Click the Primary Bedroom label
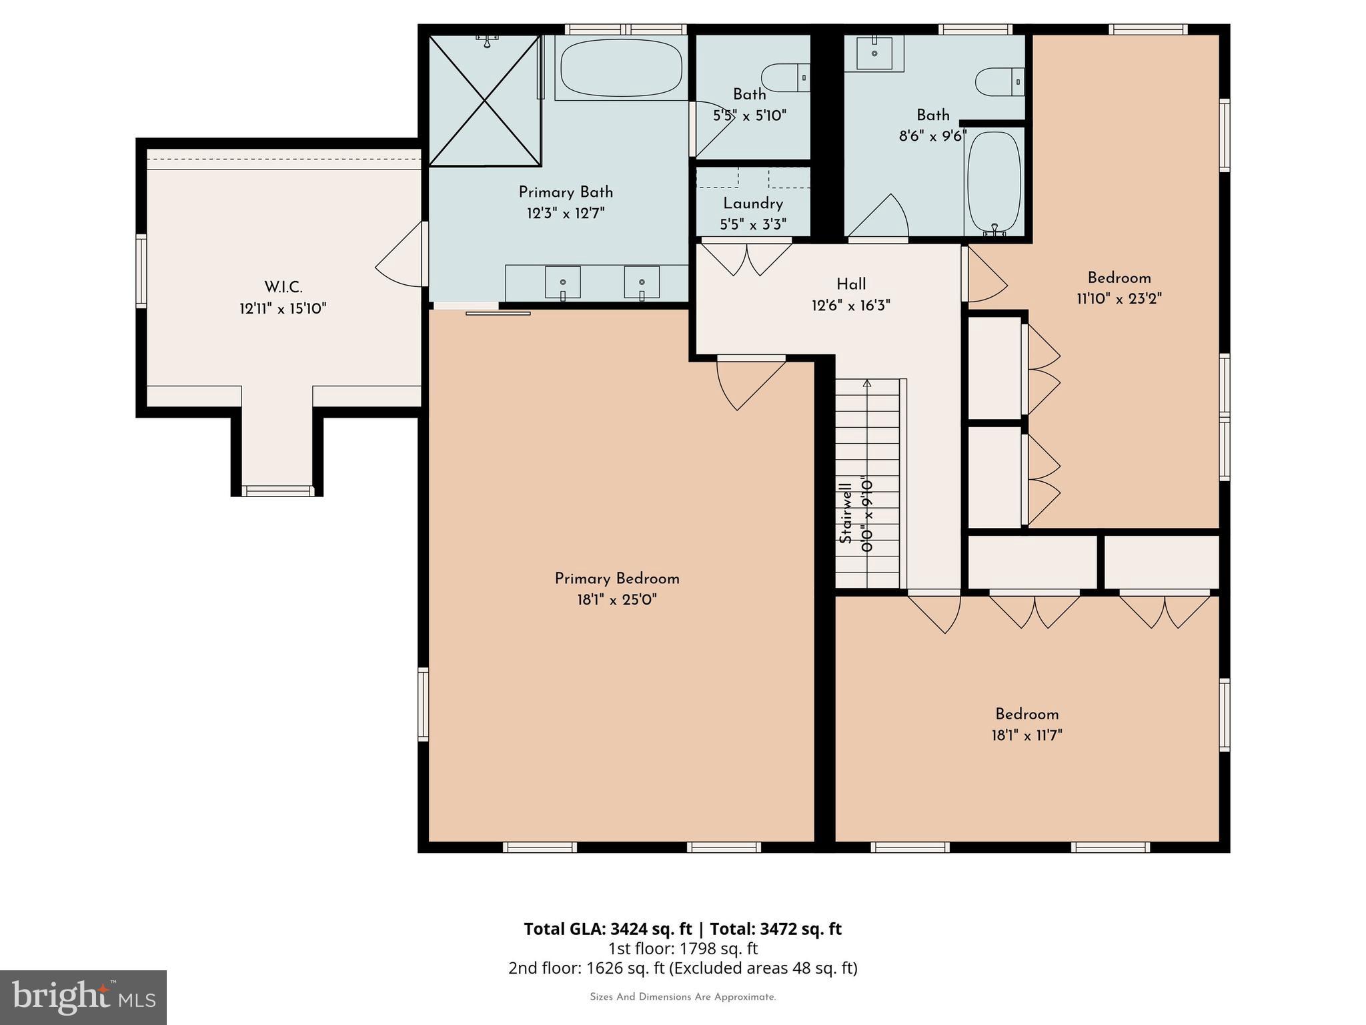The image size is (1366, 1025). [x=616, y=579]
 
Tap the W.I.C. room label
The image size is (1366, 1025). [x=283, y=288]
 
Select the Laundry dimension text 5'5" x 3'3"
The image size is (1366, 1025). [x=753, y=225]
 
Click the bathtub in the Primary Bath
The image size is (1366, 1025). [x=621, y=68]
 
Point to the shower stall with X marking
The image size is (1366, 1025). [x=484, y=100]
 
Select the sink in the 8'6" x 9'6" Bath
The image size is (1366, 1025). [x=874, y=53]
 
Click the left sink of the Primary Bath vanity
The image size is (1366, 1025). [x=562, y=282]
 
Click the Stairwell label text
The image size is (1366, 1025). [x=846, y=512]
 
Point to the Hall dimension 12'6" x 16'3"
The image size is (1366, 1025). [x=850, y=306]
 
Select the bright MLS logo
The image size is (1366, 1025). [x=83, y=997]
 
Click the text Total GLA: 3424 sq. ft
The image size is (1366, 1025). [x=608, y=929]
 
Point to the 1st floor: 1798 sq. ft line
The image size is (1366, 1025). [x=682, y=948]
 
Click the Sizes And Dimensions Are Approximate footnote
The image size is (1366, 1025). [x=682, y=997]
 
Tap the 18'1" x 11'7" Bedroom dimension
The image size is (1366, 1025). [x=1027, y=735]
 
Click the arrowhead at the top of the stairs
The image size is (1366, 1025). [x=867, y=383]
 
